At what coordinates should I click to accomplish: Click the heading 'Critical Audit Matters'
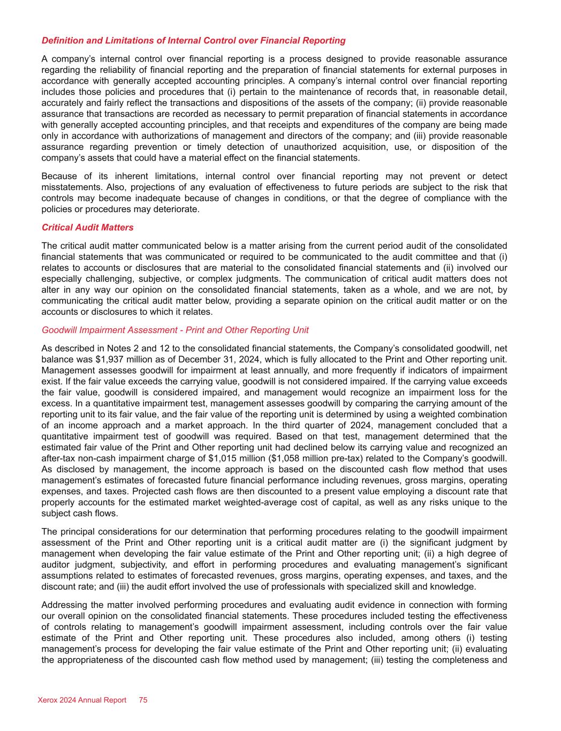(87, 228)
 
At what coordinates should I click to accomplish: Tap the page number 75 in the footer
(143, 700)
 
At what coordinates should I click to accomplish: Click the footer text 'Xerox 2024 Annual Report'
(82, 700)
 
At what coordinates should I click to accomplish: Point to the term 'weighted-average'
(301, 502)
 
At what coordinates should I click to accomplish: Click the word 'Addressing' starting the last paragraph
(62, 605)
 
